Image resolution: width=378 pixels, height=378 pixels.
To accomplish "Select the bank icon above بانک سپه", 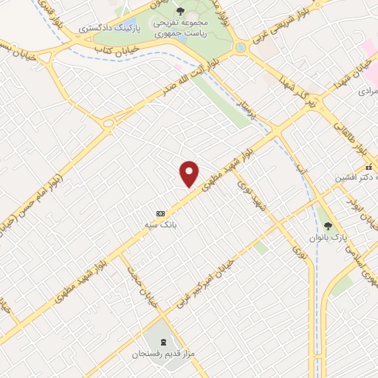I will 160,209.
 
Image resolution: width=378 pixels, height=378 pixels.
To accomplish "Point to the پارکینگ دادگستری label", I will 120,30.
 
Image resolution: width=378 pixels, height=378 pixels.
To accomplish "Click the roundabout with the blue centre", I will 241,47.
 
